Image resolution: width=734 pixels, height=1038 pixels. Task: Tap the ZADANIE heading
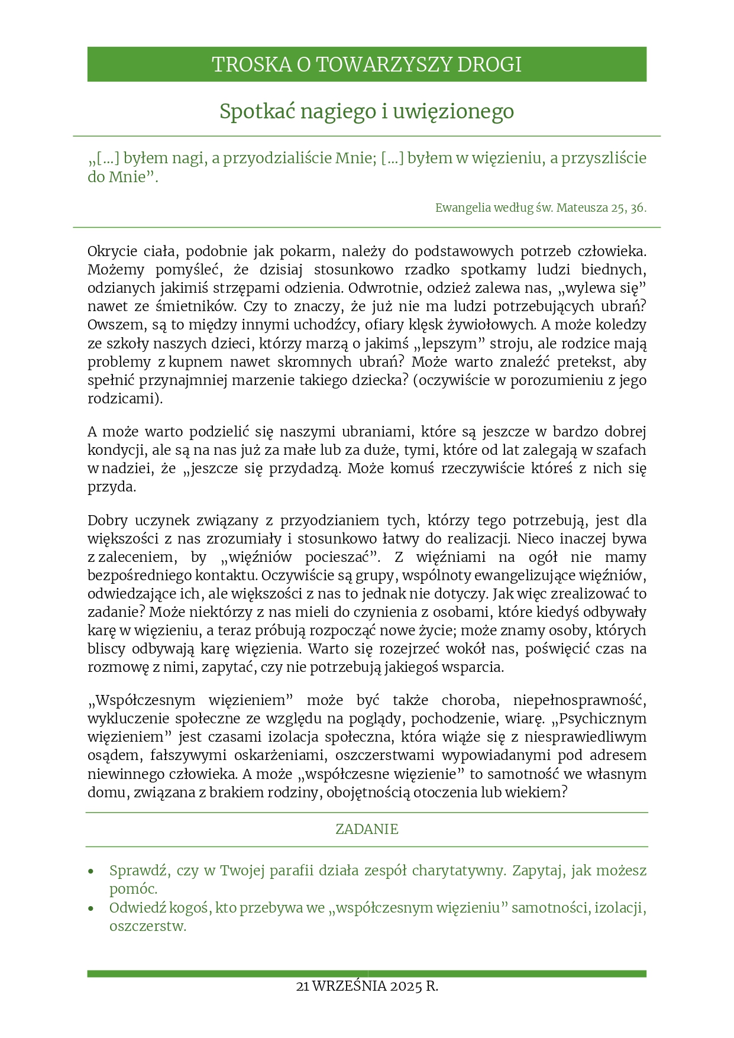367,829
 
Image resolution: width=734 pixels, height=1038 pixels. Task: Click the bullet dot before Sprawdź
90,872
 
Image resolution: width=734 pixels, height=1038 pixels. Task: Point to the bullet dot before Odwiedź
90,908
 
